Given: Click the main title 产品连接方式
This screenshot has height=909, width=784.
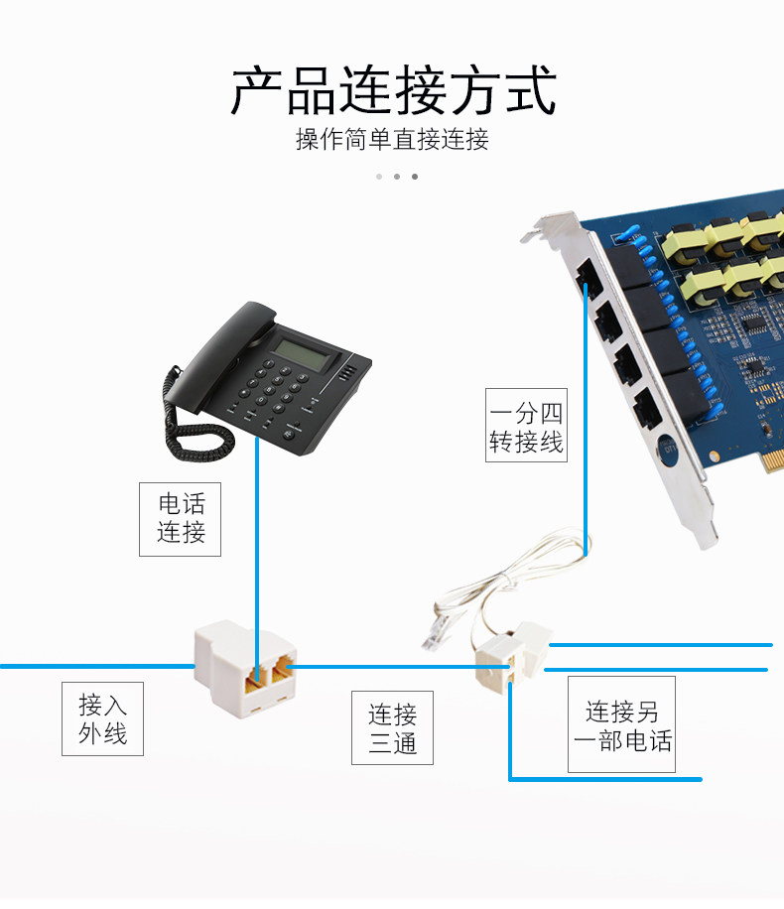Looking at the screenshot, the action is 393,91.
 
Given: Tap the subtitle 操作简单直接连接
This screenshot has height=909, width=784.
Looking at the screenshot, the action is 392,139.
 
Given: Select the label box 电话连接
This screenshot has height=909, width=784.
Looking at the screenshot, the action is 180,518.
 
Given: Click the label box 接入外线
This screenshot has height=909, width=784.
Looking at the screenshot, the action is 102,718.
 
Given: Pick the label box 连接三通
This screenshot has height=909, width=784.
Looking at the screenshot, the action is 392,727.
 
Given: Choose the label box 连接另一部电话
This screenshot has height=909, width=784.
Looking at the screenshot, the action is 621,724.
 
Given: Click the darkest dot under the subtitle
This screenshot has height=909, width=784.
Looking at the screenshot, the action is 415,177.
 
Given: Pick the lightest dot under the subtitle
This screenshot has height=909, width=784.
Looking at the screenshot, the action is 379,177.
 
